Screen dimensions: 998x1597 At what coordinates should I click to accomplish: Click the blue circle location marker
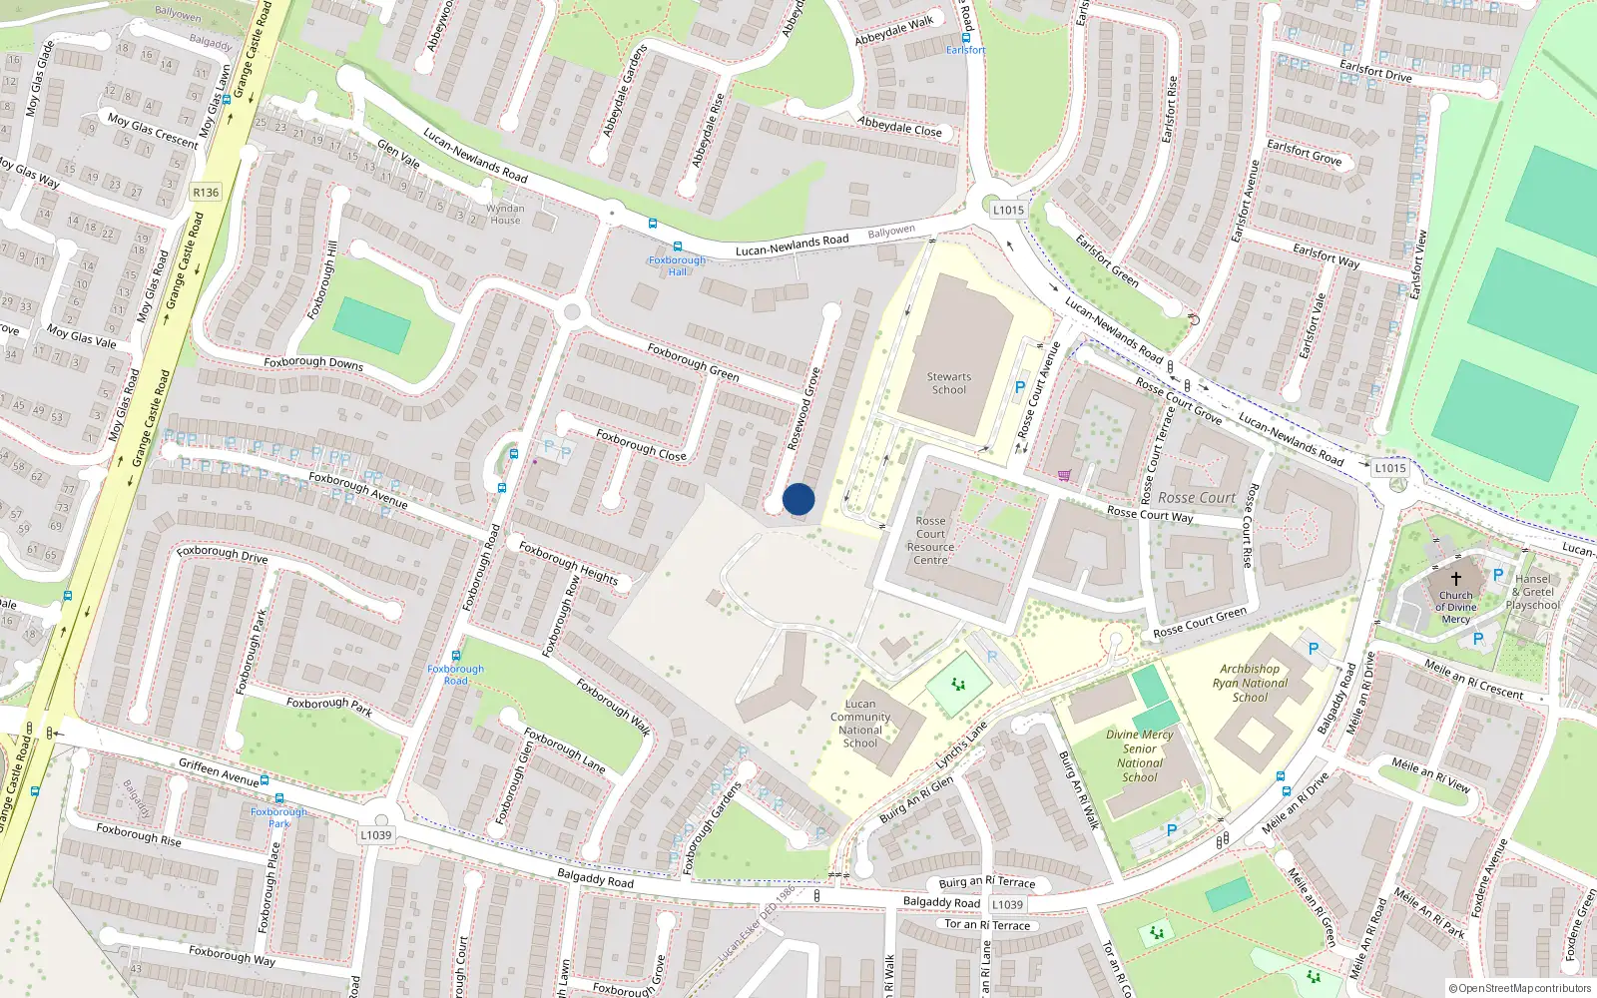[x=798, y=499]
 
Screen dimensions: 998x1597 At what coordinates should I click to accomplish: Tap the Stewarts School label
[x=948, y=383]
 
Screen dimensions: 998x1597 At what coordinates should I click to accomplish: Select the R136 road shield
[x=206, y=193]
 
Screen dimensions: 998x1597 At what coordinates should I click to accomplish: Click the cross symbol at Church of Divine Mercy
[x=1455, y=579]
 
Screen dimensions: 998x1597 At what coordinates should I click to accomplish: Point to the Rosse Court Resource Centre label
[x=930, y=540]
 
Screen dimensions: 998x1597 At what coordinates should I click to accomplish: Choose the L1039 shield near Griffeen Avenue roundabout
[x=376, y=835]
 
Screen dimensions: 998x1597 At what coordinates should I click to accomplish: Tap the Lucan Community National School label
[x=859, y=723]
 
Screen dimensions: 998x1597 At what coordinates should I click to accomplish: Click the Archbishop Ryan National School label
[x=1250, y=683]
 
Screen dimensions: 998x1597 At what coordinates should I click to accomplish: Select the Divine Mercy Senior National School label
[x=1140, y=755]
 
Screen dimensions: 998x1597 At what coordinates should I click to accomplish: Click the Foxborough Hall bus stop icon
[x=678, y=247]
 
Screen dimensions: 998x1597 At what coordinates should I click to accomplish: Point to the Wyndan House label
[x=505, y=215]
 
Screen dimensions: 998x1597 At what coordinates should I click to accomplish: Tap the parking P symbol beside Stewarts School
[x=1019, y=387]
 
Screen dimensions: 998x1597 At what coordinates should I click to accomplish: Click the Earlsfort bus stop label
[x=965, y=50]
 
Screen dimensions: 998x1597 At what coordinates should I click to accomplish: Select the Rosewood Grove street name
[x=803, y=409]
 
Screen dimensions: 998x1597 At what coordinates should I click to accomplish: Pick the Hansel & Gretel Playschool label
[x=1532, y=592]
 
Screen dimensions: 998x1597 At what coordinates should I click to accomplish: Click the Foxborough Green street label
[x=693, y=362]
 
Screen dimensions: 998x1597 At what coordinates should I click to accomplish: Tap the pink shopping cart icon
[x=1064, y=476]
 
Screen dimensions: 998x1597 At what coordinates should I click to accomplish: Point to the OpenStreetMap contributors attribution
[x=1519, y=988]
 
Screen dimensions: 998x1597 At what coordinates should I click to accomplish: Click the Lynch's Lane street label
[x=961, y=745]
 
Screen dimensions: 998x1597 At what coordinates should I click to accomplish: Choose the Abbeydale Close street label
[x=899, y=127]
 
